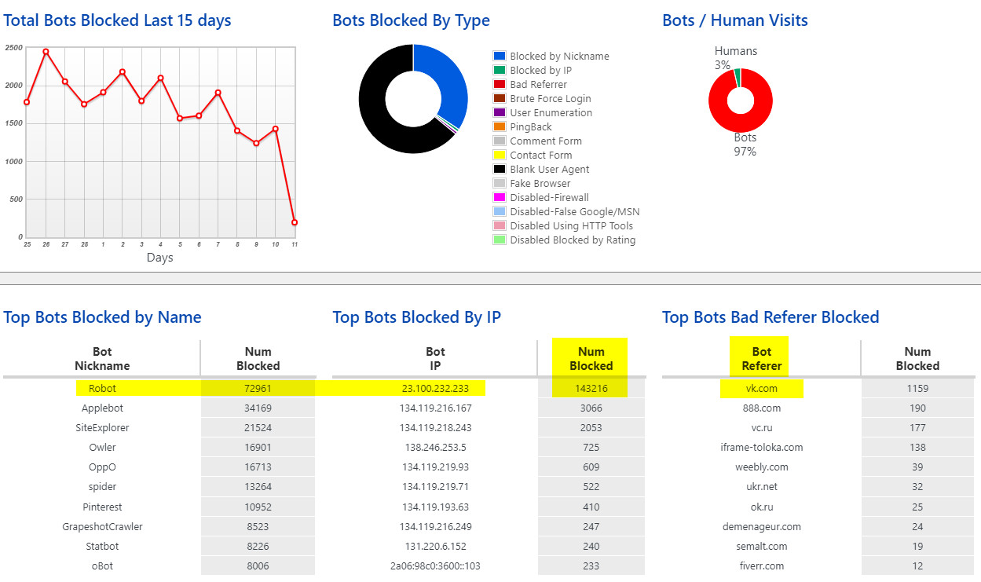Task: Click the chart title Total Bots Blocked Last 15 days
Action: click(x=117, y=21)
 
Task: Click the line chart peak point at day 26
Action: click(x=46, y=52)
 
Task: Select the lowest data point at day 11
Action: click(x=295, y=222)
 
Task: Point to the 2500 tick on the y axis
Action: click(x=13, y=48)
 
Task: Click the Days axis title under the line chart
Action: click(x=159, y=258)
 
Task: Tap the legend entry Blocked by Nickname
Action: click(x=558, y=57)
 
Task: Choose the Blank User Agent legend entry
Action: click(x=549, y=170)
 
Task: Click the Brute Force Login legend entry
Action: click(x=550, y=99)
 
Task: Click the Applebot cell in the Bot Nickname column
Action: click(x=102, y=408)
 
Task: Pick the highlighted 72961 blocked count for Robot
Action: click(x=258, y=388)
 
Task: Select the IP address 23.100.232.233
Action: click(x=435, y=388)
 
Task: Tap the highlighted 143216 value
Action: click(x=591, y=388)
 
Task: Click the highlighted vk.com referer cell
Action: click(x=761, y=388)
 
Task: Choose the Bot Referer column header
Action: click(x=761, y=359)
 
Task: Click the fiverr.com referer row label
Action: click(x=761, y=566)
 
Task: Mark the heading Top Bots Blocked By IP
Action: click(x=416, y=317)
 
